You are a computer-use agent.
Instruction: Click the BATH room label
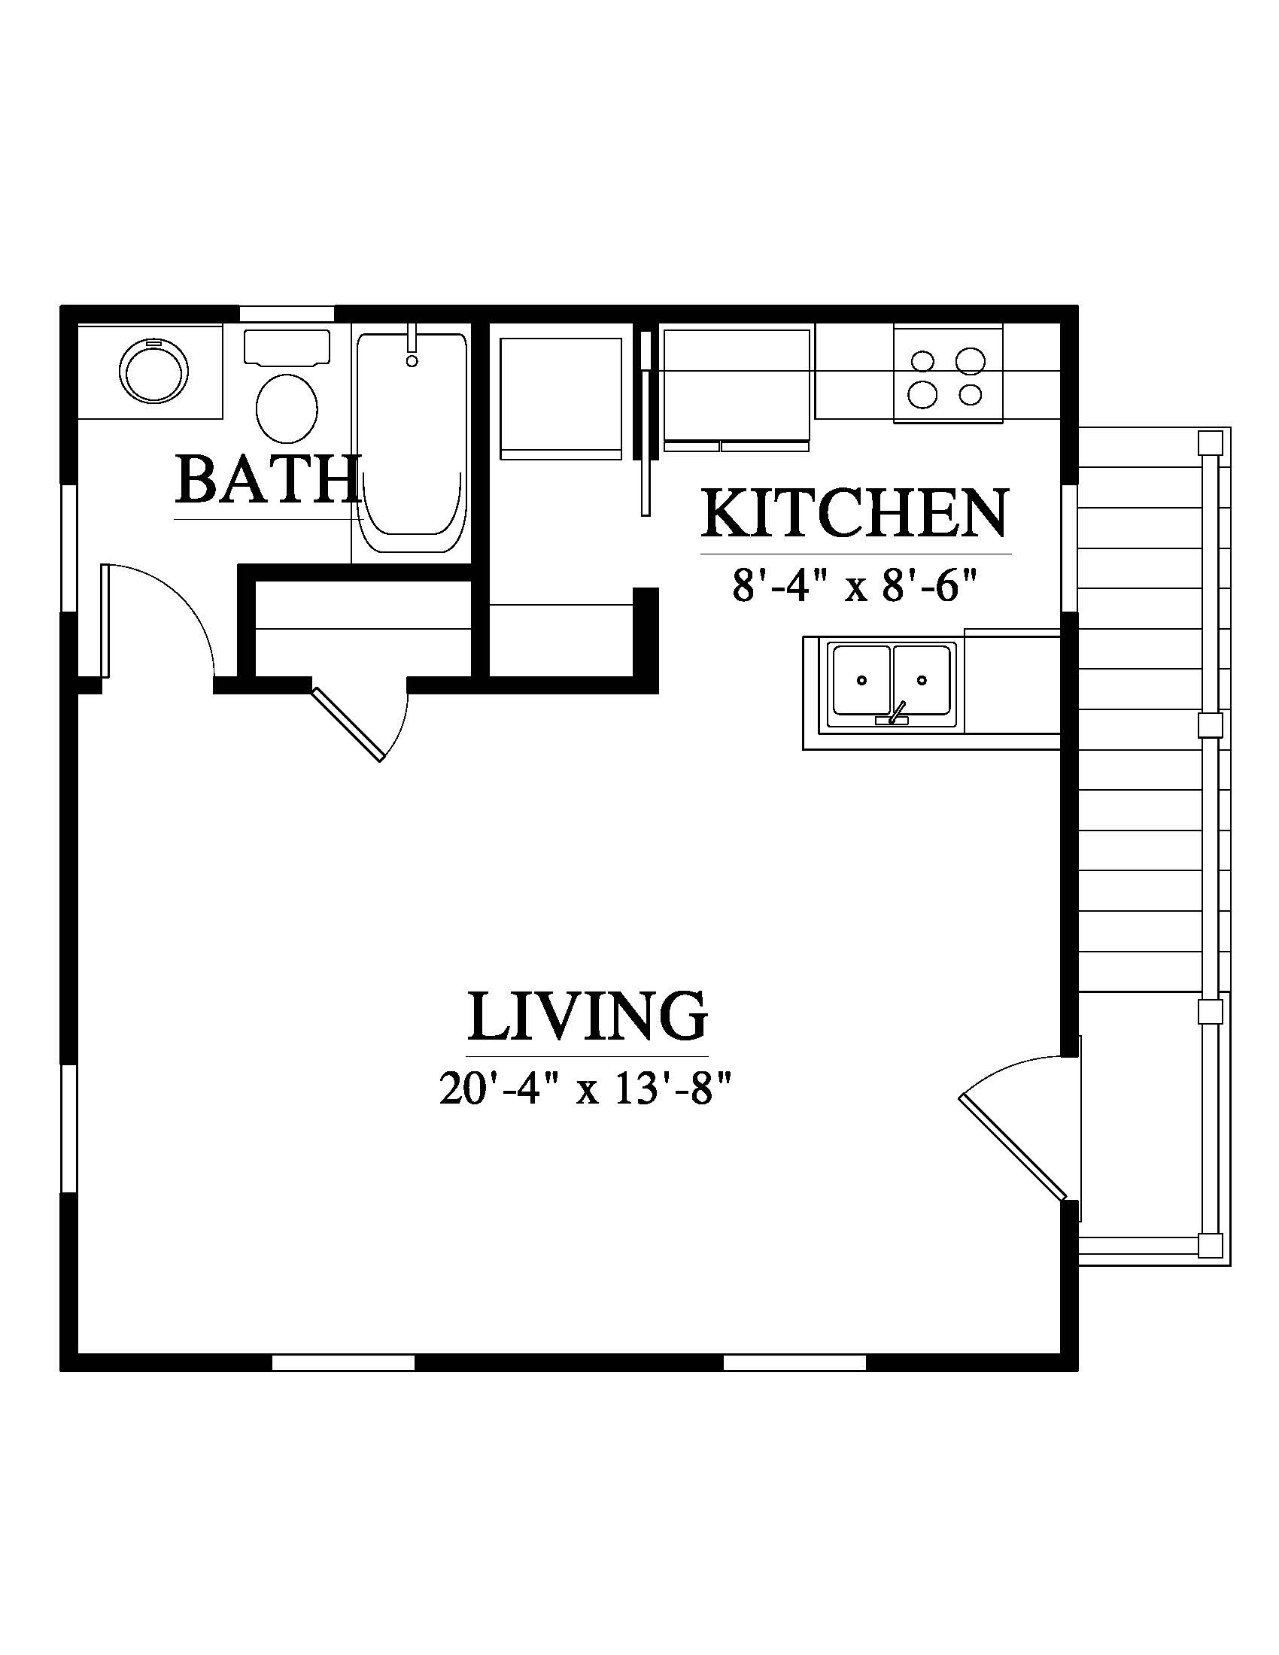click(x=267, y=479)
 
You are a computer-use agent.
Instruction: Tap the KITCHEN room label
click(x=855, y=513)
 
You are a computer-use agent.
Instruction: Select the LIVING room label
click(x=588, y=1016)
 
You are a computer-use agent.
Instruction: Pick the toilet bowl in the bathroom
click(x=287, y=408)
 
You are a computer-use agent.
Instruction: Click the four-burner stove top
click(x=948, y=375)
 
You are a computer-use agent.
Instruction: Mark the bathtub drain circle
click(x=412, y=360)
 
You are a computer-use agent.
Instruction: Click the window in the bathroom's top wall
click(x=287, y=313)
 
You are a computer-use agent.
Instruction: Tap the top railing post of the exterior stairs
click(x=1210, y=442)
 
